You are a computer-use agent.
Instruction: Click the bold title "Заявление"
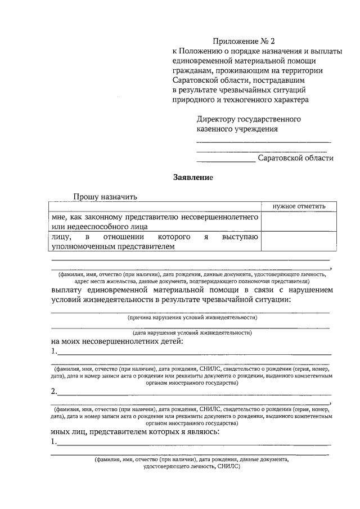(x=192, y=178)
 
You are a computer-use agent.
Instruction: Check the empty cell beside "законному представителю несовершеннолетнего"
(x=295, y=222)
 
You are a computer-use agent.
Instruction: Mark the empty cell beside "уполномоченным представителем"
(x=295, y=241)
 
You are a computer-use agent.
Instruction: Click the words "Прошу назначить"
(x=105, y=197)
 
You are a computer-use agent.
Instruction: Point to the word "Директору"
(x=217, y=119)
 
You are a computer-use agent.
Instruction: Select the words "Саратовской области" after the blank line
(x=295, y=159)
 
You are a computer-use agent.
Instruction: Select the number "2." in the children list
(x=53, y=391)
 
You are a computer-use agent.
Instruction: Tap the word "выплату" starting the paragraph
(x=69, y=290)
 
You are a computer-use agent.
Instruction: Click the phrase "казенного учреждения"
(x=237, y=129)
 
